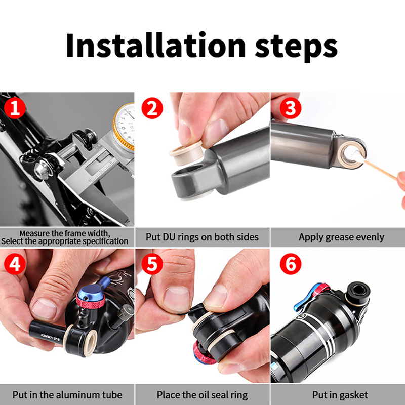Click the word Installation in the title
pos(155,45)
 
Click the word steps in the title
pos(296,47)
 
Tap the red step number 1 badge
pos(15,108)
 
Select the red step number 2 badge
pos(152,108)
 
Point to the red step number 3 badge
pos(291,108)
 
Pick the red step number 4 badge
pos(15,264)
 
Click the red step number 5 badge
pos(152,264)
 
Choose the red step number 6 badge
pos(291,264)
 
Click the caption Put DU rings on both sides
pos(202,237)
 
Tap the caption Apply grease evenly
pos(341,237)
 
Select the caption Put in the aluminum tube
pos(67,395)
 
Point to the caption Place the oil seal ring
pos(202,395)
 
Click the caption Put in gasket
pos(340,395)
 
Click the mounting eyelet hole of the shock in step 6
pos(358,290)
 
